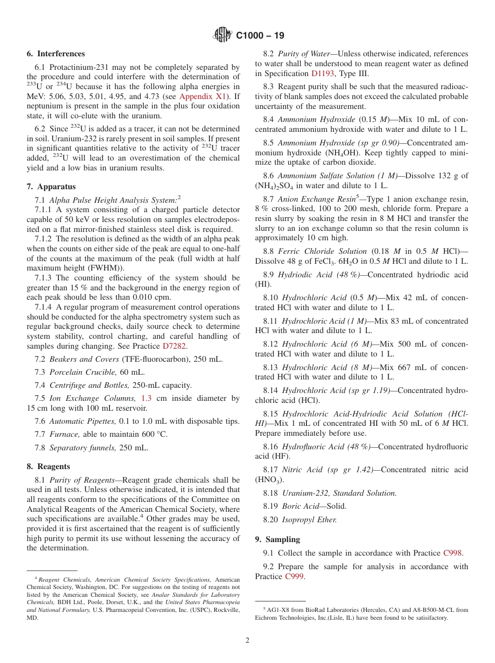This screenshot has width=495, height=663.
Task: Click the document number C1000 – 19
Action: click(260, 36)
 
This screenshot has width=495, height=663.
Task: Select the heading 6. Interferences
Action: click(56, 54)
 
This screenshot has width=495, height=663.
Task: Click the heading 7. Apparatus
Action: click(51, 187)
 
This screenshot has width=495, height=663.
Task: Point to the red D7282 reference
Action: click(175, 346)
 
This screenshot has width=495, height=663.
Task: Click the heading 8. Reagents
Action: click(48, 466)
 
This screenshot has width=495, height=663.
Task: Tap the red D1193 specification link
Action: click(323, 73)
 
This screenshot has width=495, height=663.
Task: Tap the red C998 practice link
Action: click(452, 553)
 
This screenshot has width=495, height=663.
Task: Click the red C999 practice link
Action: click(294, 576)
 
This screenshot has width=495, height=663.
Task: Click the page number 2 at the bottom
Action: click(247, 641)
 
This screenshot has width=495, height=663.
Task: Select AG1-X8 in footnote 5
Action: click(278, 609)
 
